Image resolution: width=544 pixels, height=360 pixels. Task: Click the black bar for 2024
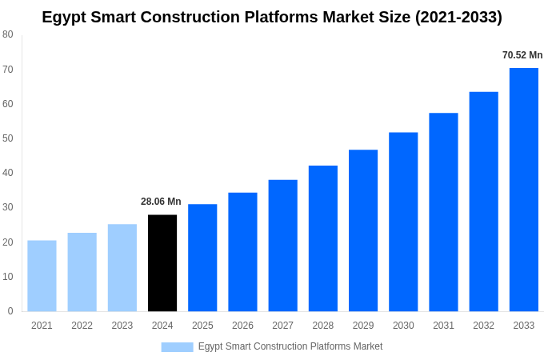click(x=162, y=263)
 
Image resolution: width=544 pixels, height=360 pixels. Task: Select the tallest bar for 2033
click(x=524, y=190)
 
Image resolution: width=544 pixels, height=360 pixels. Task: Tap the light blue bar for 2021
click(x=42, y=276)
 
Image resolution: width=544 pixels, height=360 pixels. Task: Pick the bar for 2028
click(x=323, y=238)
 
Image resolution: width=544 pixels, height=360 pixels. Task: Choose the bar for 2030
click(x=403, y=222)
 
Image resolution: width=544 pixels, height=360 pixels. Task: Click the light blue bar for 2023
click(x=122, y=268)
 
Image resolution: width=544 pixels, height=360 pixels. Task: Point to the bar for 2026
click(x=242, y=252)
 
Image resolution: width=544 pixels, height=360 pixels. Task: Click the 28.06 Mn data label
click(x=161, y=202)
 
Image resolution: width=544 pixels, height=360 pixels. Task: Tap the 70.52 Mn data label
click(x=522, y=55)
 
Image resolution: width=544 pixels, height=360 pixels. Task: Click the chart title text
click(x=272, y=17)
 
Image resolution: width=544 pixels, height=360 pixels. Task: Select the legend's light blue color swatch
click(x=177, y=346)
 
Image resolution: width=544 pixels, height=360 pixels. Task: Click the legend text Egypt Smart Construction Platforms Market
click(x=290, y=346)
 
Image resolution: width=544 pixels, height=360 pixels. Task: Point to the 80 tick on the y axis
click(x=7, y=34)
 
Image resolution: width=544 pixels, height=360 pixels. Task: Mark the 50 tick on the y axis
click(x=7, y=138)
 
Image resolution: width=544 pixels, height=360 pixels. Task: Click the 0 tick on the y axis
click(x=10, y=311)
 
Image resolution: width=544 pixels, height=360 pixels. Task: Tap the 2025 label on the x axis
click(x=202, y=326)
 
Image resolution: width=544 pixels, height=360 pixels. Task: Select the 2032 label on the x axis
click(x=483, y=326)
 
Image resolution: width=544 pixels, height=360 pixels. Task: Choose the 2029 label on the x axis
click(x=363, y=326)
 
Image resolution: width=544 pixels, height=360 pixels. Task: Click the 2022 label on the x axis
click(x=82, y=326)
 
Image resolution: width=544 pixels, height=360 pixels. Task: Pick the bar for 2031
click(x=443, y=212)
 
